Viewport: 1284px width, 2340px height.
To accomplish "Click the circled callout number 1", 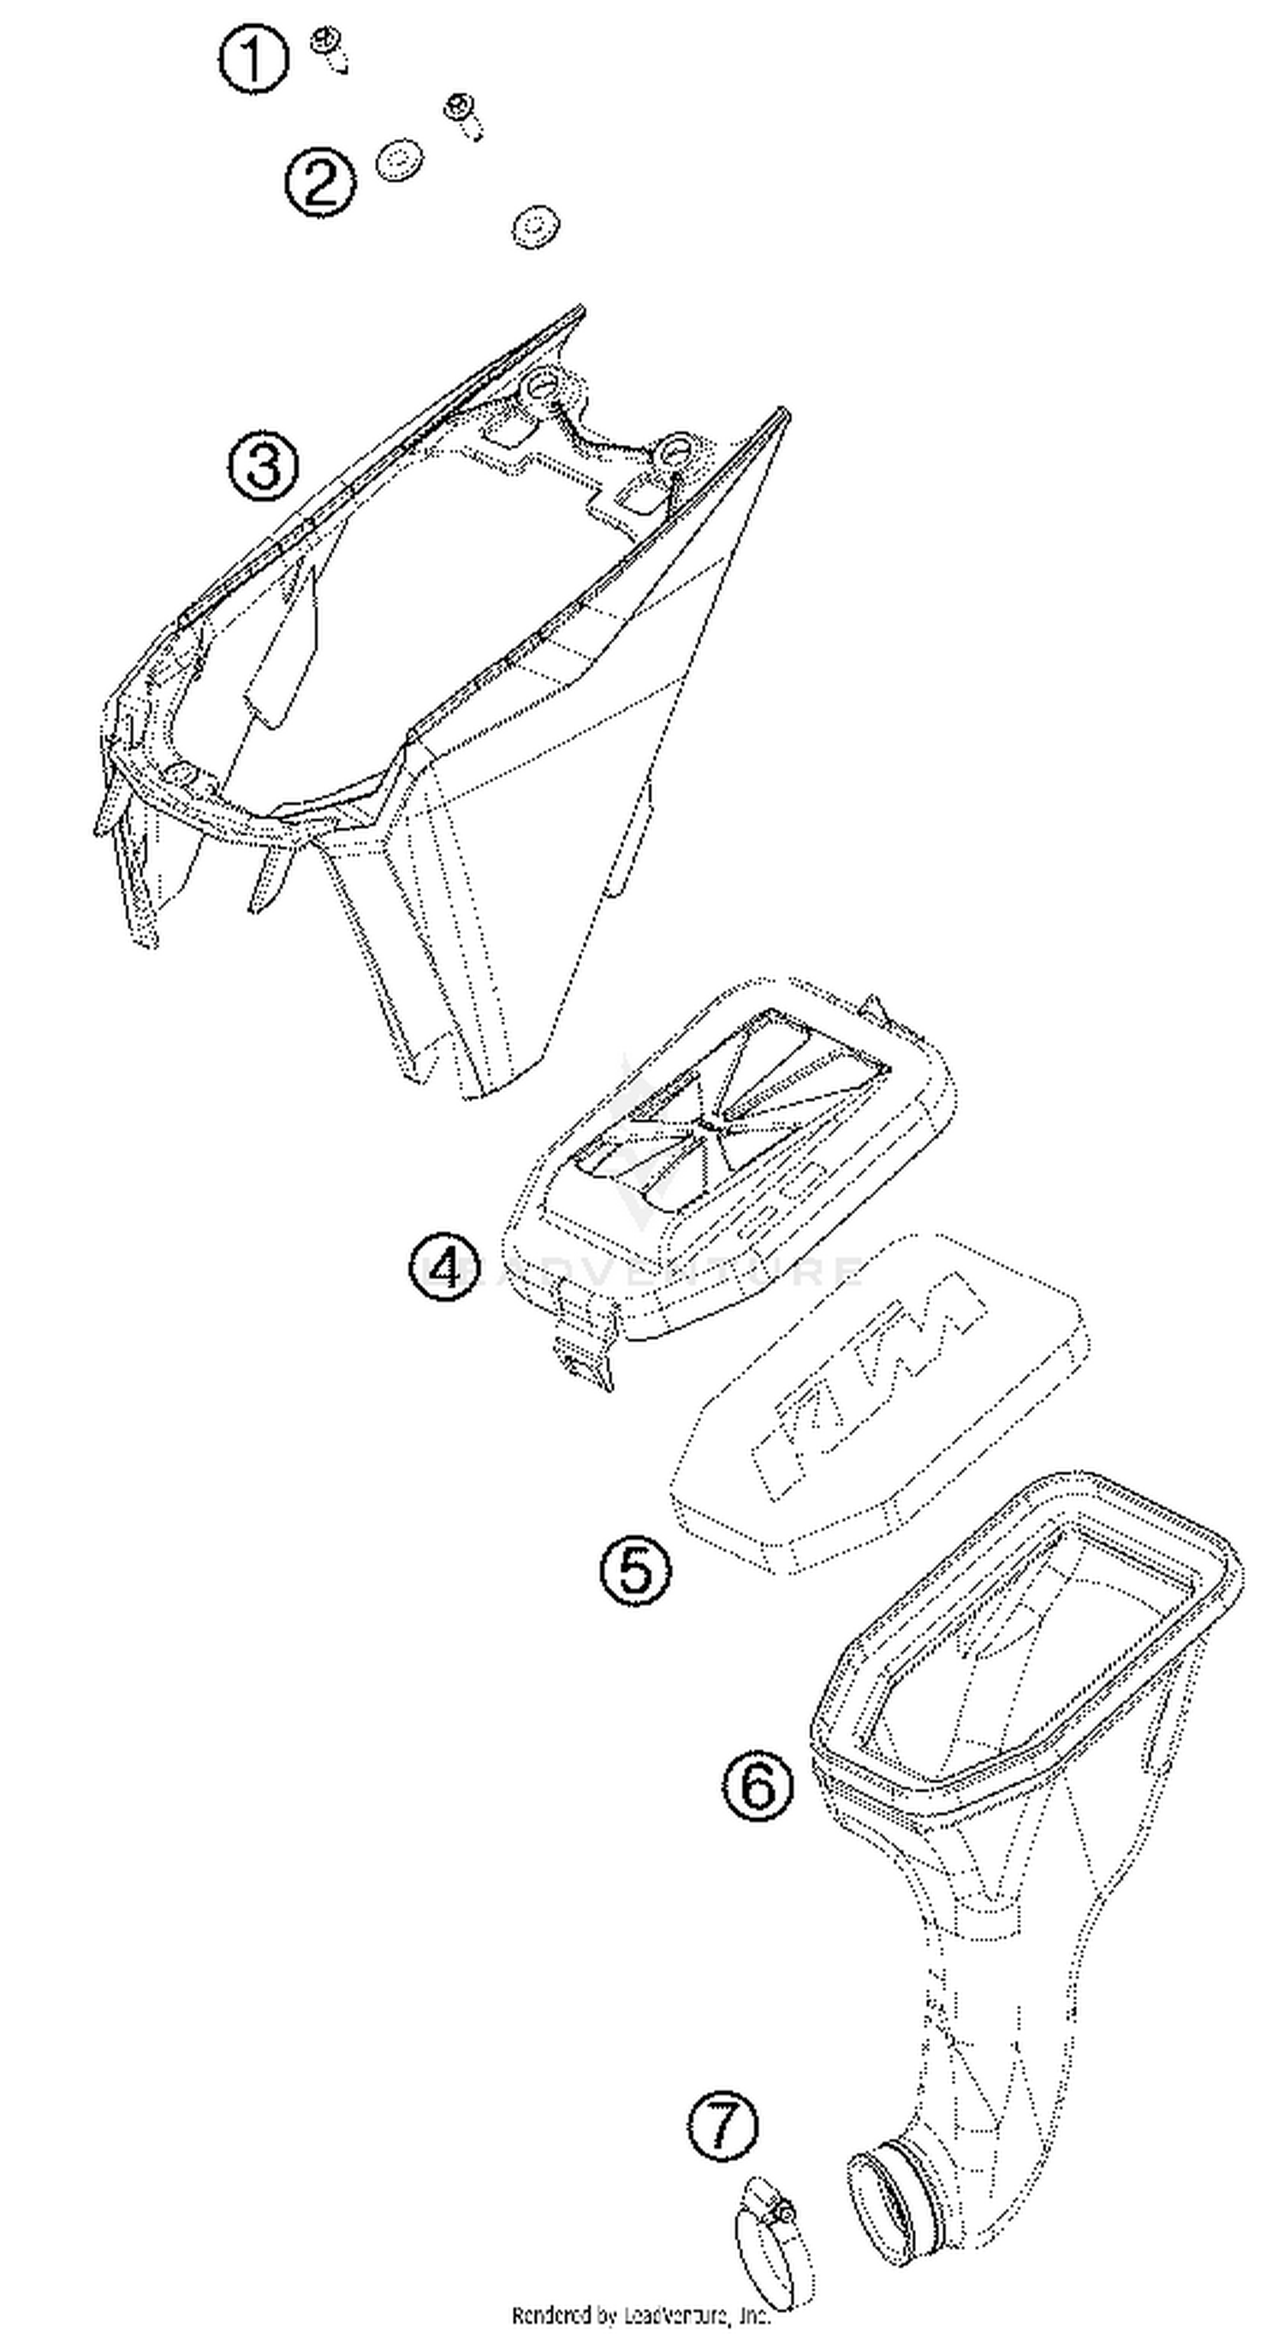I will click(253, 58).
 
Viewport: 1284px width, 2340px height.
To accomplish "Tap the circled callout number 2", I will click(320, 182).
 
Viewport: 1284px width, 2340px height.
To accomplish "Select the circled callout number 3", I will click(263, 466).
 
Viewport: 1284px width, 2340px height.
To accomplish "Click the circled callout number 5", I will click(635, 1570).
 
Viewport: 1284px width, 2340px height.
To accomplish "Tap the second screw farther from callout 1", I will click(462, 116).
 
